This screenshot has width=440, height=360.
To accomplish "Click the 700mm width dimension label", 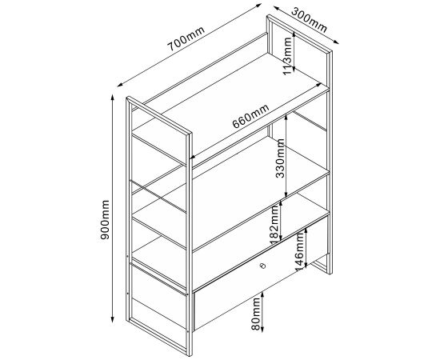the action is pos(186,38).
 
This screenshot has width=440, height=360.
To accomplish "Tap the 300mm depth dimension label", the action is pos(310,20).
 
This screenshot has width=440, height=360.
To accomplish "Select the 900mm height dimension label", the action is pos(105,220).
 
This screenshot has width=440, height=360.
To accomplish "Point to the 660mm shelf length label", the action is pos(250,116).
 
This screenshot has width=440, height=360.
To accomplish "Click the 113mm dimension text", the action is pos(287,56).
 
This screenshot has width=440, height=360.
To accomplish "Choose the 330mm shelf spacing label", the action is pos(280,158).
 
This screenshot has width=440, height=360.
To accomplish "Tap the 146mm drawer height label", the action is pos(299,252).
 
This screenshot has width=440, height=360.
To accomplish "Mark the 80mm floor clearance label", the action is pos(256,314).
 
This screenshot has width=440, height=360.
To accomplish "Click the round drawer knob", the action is pos(262,266).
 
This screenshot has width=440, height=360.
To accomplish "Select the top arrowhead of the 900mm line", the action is pos(113,98).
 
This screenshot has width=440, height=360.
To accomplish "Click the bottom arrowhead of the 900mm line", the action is pos(113,320).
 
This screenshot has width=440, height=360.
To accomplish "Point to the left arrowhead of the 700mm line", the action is pos(120,84).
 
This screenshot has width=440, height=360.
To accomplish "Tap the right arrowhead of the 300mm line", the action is pos(336,42).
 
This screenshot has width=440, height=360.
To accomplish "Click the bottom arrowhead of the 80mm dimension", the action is pos(262,329).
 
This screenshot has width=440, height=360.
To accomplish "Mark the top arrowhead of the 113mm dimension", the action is pos(294,34).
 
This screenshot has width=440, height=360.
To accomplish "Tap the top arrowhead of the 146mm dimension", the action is pos(306,230).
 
